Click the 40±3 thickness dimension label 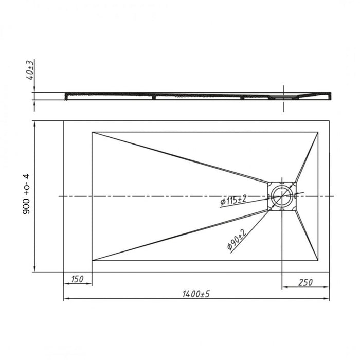click(x=30, y=69)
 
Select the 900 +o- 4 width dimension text click(x=26, y=194)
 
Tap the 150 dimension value click(x=77, y=279)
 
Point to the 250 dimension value click(x=305, y=282)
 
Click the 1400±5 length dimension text click(x=196, y=294)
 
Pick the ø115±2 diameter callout click(x=233, y=200)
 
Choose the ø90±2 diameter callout click(x=237, y=239)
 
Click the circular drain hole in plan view click(x=282, y=196)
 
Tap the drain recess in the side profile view click(x=283, y=97)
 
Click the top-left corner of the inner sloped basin click(x=92, y=132)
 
